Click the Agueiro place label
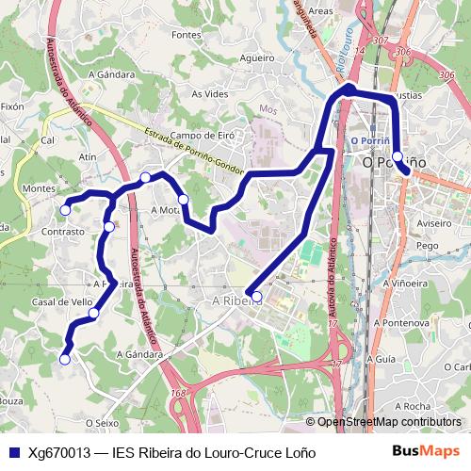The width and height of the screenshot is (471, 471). pos(256,58)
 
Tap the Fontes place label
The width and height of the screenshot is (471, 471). pos(187,35)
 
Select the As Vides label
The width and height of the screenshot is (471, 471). pos(210,94)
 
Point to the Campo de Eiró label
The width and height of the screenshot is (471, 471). pos(203,136)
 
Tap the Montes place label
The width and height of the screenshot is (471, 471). pos(39,188)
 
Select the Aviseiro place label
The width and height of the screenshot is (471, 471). pos(434,224)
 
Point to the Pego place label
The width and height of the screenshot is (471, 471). pos(429,245)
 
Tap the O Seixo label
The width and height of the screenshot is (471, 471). pos(102,423)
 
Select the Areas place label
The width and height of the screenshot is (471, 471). pos(321,11)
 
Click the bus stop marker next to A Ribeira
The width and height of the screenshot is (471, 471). pos(256,297)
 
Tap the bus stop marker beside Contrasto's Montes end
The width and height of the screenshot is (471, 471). pos(65,209)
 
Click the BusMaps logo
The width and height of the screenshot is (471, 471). pos(426,451)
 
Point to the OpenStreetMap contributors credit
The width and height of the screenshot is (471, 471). pos(388,422)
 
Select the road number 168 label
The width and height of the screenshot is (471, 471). pos(179,392)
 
